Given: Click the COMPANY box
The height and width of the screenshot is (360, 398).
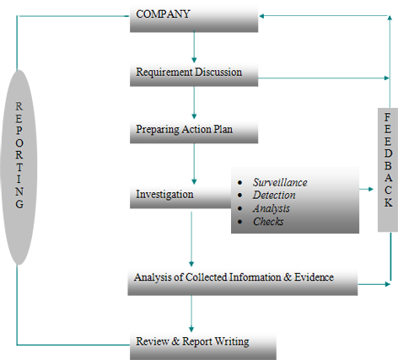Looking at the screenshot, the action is click(x=194, y=19).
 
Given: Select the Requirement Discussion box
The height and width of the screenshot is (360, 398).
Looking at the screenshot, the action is click(x=194, y=74).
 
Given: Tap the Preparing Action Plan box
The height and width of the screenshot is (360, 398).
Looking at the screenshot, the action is click(x=194, y=132).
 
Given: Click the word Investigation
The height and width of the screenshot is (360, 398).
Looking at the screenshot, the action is click(x=164, y=195).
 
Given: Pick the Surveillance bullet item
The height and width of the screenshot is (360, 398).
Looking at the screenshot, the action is click(x=280, y=182).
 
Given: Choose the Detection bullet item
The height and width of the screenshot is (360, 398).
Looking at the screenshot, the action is click(x=274, y=195).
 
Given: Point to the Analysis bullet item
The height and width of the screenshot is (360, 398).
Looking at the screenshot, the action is click(x=272, y=208).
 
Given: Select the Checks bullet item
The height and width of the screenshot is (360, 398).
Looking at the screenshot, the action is click(x=268, y=222).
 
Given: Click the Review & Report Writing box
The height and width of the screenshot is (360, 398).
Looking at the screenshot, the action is click(x=203, y=346).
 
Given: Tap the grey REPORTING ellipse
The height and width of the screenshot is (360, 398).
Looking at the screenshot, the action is click(x=19, y=167).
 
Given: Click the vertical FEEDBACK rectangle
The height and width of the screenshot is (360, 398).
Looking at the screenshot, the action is click(x=388, y=169).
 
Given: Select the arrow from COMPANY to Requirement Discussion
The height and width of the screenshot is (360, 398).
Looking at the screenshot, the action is click(x=194, y=47).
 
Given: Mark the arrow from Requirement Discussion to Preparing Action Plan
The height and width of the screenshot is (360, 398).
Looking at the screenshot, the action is click(x=194, y=103).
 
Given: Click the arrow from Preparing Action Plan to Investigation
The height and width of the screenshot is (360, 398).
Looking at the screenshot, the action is click(x=194, y=164).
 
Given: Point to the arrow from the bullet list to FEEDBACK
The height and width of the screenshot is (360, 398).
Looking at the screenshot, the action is click(x=366, y=189).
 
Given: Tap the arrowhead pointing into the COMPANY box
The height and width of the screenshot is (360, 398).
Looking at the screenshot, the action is click(x=261, y=16).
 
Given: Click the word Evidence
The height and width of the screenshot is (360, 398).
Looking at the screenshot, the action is click(x=315, y=277).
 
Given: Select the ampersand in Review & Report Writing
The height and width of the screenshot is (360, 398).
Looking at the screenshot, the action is click(x=175, y=341).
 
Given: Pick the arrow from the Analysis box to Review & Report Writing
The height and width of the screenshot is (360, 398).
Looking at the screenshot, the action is click(x=191, y=314).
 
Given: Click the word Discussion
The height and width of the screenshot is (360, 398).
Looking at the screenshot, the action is click(x=218, y=73).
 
